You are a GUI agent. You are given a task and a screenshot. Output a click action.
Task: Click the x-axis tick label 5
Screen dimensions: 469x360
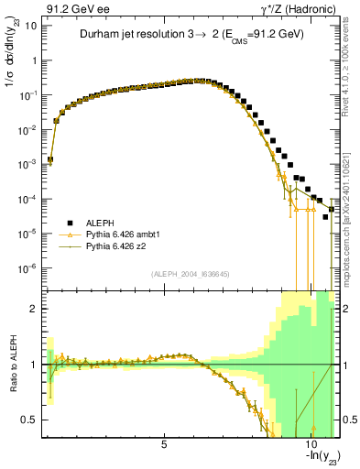(164, 444)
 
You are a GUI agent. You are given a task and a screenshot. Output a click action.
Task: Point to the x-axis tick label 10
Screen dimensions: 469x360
(311, 444)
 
